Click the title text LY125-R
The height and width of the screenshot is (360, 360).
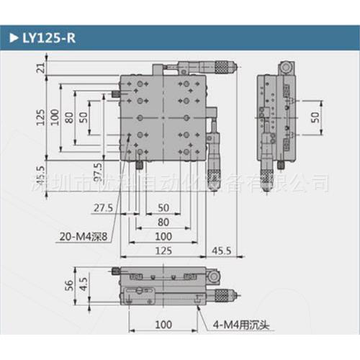[49, 38]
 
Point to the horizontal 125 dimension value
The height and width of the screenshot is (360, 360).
[168, 251]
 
